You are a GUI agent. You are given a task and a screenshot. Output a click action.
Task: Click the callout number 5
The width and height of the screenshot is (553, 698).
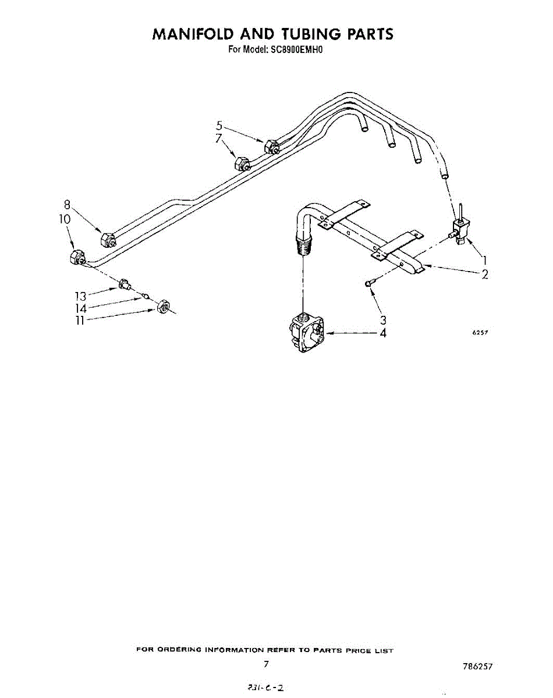pos(219,125)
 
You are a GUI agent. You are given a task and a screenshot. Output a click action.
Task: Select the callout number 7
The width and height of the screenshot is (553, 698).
pos(219,138)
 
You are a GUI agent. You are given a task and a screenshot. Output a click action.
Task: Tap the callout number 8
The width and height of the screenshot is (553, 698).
pos(67,205)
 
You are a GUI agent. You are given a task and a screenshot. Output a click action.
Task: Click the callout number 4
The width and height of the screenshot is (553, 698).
pos(383,333)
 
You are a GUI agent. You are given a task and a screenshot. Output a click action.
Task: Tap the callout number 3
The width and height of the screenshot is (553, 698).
pos(383,319)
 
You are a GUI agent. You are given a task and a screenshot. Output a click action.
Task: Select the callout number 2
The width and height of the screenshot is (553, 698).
pos(484,275)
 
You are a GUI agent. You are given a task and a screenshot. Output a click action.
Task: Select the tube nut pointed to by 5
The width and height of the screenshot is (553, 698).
pos(270,147)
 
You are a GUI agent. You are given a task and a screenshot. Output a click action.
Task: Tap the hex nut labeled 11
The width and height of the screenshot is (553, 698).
pos(164,306)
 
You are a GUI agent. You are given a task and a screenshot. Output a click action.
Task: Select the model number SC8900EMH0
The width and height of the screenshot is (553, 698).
pos(296,50)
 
